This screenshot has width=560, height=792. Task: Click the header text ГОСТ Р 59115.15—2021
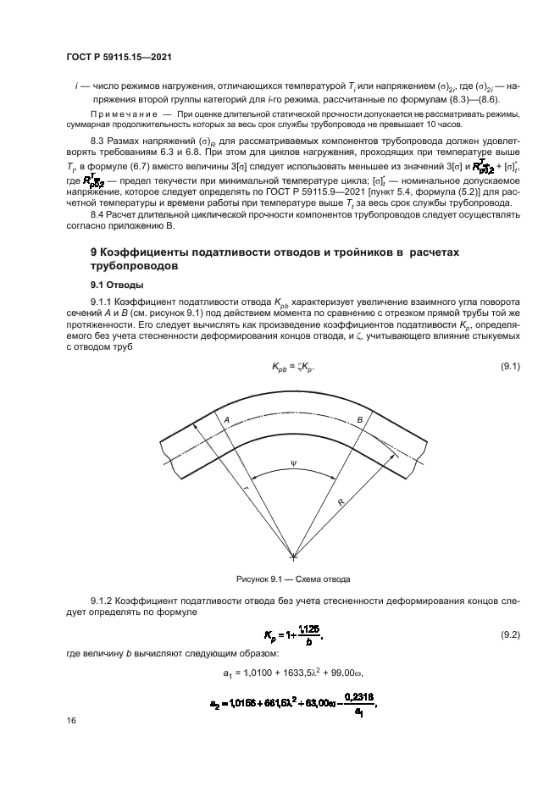pos(125,57)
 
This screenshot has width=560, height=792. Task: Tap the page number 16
pos(70,720)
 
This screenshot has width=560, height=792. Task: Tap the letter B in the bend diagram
pos(359,420)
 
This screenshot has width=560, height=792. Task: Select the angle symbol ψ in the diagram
pos(293,462)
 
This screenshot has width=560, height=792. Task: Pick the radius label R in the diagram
pos(340,502)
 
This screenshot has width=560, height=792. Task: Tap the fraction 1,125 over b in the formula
pos(309,634)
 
